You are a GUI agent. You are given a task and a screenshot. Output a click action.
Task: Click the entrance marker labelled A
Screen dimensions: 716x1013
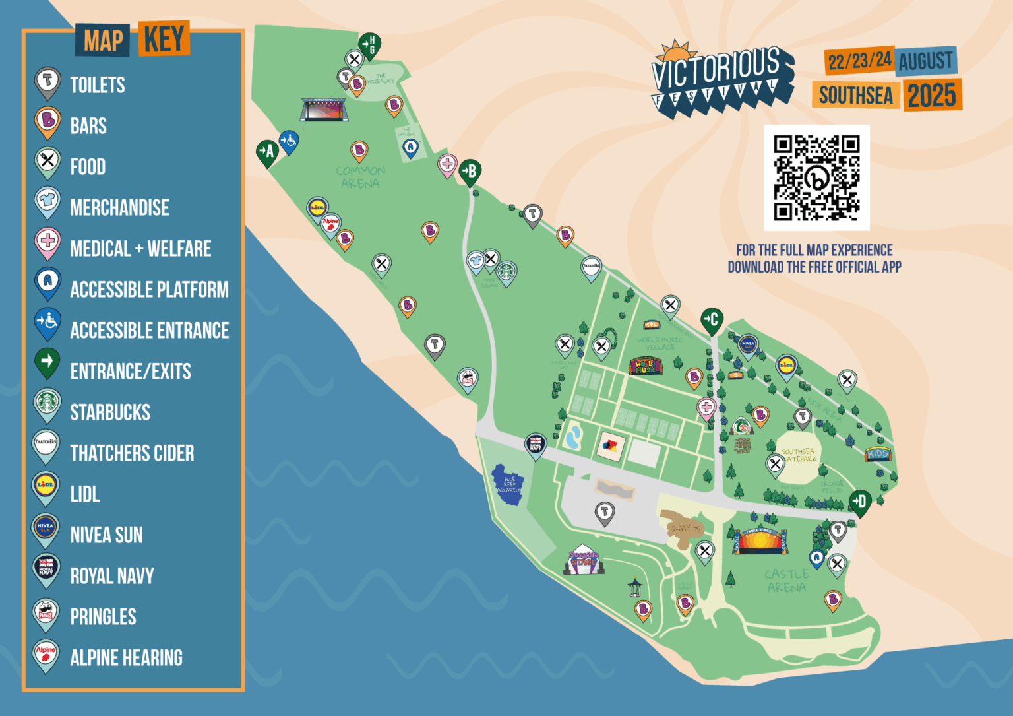tap(266, 152)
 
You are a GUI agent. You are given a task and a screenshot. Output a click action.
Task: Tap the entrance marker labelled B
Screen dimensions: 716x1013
tap(470, 172)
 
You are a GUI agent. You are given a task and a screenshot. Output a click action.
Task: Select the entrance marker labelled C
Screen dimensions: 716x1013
tap(712, 321)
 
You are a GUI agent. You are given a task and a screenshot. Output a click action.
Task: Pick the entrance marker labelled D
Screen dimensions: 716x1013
tap(859, 502)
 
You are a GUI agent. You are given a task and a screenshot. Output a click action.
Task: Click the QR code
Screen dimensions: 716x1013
tap(816, 178)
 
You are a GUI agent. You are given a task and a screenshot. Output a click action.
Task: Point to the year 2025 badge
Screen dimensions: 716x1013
tap(932, 96)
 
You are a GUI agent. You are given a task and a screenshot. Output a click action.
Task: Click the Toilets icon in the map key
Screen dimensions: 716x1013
tap(47, 82)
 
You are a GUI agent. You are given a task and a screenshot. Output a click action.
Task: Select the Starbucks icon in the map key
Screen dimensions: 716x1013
tap(47, 403)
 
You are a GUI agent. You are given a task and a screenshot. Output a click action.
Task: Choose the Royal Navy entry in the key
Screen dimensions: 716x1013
tap(112, 576)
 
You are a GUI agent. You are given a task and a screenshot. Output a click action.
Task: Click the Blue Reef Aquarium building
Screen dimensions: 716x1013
tap(508, 485)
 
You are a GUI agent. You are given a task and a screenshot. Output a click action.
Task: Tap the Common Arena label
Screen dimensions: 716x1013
tap(360, 177)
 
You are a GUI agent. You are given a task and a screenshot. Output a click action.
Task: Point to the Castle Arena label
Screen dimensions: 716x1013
tap(787, 581)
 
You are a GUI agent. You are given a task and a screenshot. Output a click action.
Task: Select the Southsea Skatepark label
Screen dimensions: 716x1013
tap(799, 455)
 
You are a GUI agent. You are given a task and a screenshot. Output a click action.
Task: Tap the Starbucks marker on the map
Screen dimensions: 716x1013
tap(506, 271)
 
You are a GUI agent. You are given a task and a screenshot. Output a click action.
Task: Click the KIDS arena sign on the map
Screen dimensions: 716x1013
tap(878, 454)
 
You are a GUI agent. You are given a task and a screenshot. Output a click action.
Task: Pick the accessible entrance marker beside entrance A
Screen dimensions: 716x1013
tap(289, 141)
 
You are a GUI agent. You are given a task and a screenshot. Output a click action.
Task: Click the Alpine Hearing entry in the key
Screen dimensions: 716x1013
tap(126, 658)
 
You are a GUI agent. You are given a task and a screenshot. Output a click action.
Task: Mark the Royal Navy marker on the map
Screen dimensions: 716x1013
tap(536, 444)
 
